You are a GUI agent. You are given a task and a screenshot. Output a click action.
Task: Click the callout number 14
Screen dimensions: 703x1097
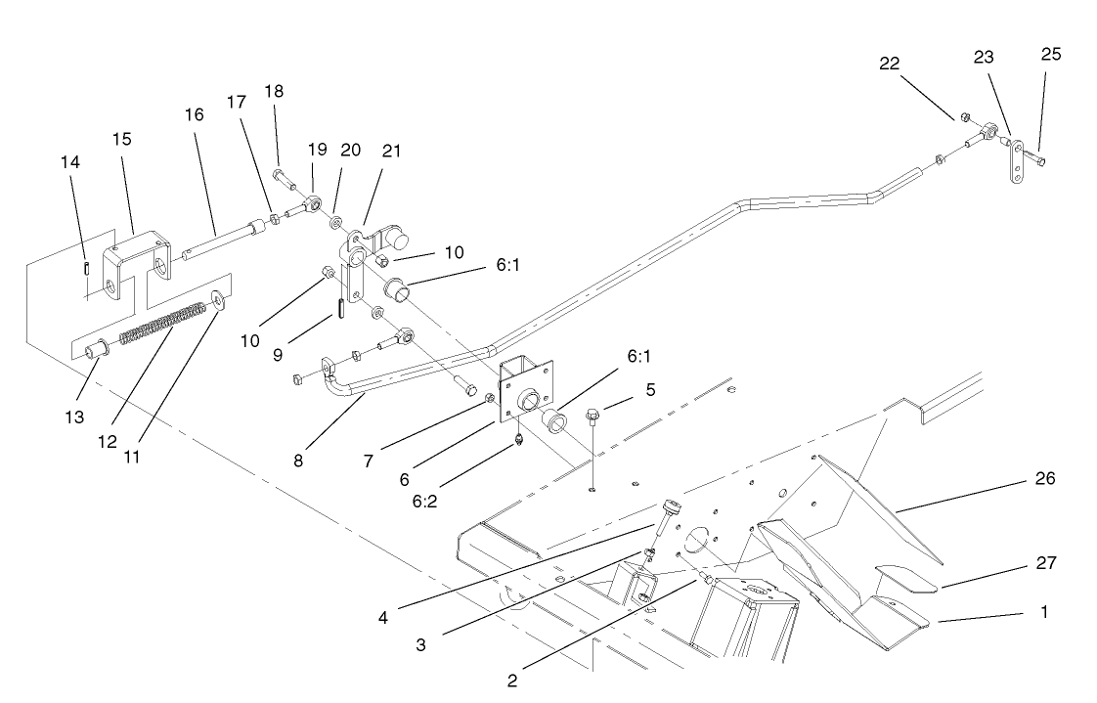point(72,160)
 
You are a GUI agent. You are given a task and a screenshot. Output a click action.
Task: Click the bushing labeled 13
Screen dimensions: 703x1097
point(95,349)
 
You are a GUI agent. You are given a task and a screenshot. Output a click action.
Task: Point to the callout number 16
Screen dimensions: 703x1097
point(194,114)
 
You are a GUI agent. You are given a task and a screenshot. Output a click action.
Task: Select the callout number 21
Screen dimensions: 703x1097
point(391,151)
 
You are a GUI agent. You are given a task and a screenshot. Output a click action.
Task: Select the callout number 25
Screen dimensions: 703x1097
point(1050,54)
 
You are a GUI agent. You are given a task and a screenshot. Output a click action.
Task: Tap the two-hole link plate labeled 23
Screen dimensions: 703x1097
point(1017,162)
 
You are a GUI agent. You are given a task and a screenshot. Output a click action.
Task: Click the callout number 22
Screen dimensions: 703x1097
point(889,63)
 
